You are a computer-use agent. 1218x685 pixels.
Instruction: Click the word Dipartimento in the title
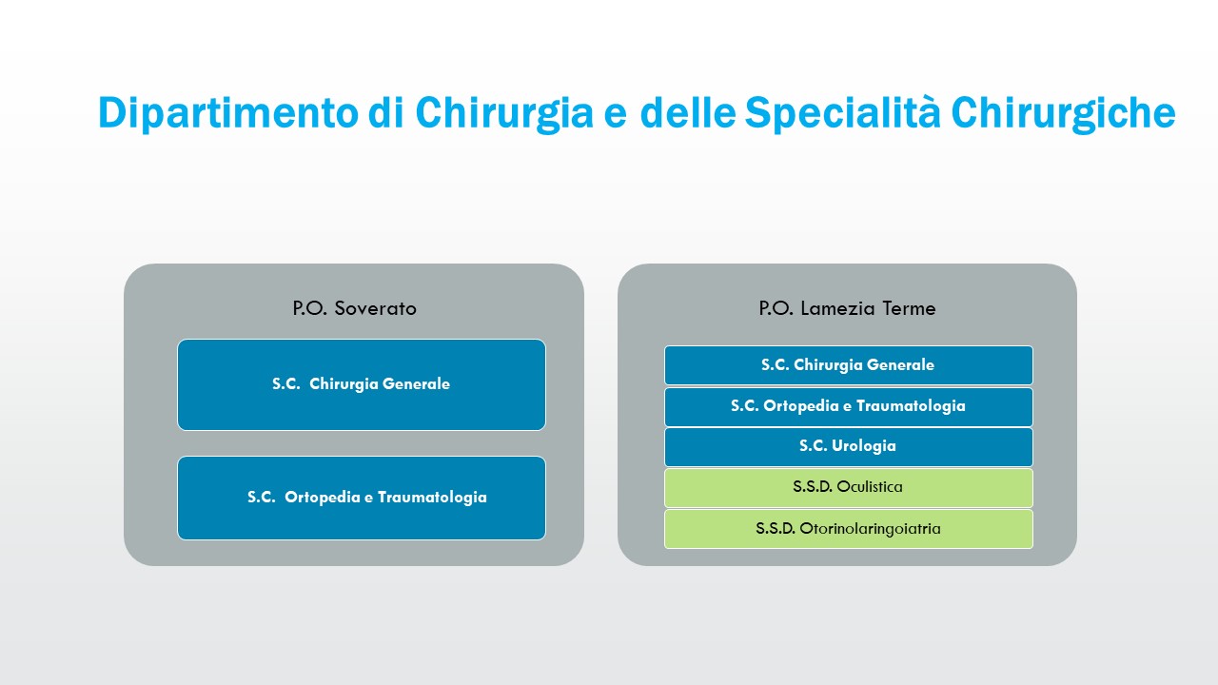(x=228, y=113)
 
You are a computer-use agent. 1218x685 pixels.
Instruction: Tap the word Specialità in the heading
(x=842, y=113)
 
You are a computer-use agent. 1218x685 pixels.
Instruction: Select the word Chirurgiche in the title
(x=1064, y=113)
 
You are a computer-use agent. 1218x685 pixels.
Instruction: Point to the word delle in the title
(x=688, y=112)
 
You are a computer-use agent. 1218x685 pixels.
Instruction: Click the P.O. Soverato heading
(x=355, y=308)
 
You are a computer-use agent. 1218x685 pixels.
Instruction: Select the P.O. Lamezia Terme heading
(x=847, y=308)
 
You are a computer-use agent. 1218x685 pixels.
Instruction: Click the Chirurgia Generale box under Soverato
(x=362, y=385)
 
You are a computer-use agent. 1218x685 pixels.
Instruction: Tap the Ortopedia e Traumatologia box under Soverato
(x=362, y=498)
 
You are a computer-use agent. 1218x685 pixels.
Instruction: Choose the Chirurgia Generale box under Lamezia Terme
(x=848, y=365)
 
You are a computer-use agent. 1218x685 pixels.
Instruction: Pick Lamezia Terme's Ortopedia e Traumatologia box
(x=848, y=406)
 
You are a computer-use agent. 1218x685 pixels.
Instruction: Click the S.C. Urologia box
(x=848, y=447)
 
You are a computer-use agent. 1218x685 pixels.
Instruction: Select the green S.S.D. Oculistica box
(x=848, y=488)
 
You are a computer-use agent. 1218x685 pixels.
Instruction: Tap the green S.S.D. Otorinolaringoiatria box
(x=848, y=529)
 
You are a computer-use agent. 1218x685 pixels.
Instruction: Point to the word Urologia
(x=863, y=446)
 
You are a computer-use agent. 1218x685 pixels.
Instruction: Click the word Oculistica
(x=870, y=486)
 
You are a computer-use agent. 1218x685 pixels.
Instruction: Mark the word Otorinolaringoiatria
(x=870, y=529)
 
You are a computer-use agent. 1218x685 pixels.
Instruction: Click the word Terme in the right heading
(x=909, y=308)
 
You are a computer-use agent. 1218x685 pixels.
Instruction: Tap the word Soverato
(x=375, y=308)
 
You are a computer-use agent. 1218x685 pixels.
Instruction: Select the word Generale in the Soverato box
(x=416, y=383)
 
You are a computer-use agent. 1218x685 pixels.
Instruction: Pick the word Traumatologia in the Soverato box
(x=432, y=498)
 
